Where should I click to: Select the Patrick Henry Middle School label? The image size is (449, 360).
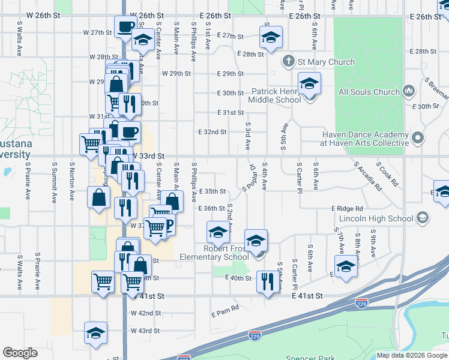[276, 96]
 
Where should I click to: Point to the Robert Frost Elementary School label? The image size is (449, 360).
[214, 253]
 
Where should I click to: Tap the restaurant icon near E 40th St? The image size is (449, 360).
[265, 280]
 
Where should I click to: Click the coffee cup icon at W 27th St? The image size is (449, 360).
[126, 26]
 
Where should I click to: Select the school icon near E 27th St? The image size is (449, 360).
[271, 37]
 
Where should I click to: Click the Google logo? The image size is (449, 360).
[20, 353]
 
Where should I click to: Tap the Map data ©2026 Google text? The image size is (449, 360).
[411, 355]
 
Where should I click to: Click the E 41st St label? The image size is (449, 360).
[307, 296]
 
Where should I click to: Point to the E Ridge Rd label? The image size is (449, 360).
[347, 208]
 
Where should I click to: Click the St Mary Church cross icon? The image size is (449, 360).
[288, 61]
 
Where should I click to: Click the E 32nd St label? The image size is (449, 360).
[212, 132]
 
